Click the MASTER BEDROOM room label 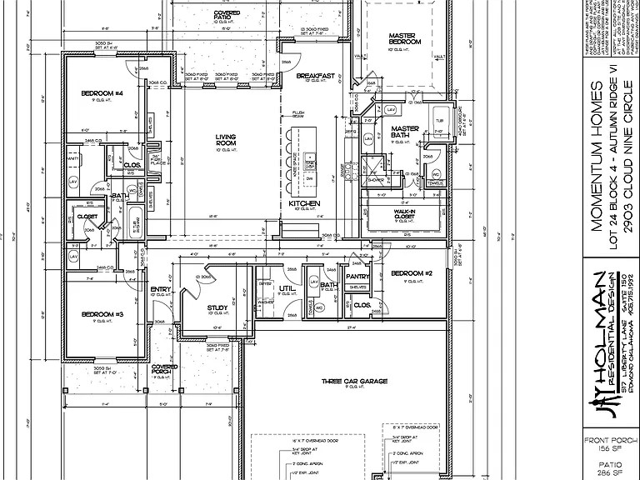405,38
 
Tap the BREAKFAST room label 316,76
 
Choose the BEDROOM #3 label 102,314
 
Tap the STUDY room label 217,308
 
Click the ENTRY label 160,289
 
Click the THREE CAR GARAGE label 352,382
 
